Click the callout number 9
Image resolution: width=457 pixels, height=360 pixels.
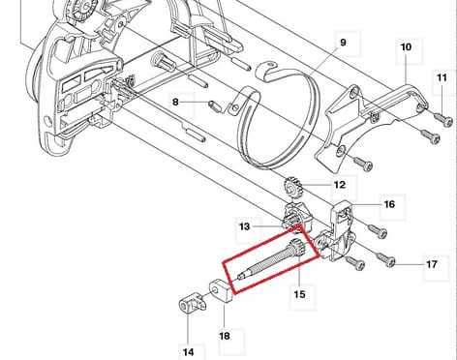(343, 43)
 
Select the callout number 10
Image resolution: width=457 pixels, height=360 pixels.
(406, 47)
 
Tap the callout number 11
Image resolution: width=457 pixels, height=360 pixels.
(442, 77)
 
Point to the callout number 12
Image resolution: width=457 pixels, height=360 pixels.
(340, 185)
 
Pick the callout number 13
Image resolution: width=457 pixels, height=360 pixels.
(244, 226)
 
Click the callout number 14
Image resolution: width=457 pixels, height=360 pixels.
(188, 351)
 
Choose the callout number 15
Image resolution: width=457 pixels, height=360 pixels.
(299, 294)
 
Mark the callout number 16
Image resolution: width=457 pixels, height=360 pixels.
(389, 204)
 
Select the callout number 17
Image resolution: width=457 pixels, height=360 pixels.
(432, 264)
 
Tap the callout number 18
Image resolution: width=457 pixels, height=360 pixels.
(225, 336)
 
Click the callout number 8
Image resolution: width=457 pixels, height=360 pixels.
(175, 103)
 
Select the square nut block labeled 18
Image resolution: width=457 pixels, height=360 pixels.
(222, 290)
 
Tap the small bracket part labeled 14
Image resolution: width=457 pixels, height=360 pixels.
(193, 304)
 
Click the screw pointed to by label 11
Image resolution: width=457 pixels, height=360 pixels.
(443, 119)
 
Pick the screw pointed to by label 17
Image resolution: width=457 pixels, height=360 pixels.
(386, 258)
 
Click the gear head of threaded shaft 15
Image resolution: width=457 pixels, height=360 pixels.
(295, 247)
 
